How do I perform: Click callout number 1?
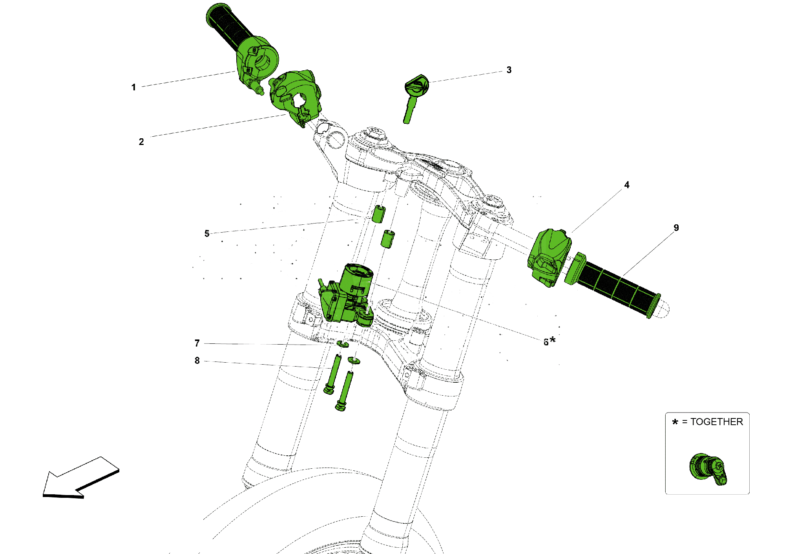[133, 87]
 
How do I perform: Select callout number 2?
[141, 142]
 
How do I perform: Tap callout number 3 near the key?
[509, 70]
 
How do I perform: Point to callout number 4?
[627, 185]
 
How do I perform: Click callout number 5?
[207, 233]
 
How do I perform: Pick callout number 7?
[197, 343]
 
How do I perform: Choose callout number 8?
[197, 360]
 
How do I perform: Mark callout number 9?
[676, 227]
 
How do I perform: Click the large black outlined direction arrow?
[78, 479]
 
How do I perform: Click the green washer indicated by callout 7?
[343, 344]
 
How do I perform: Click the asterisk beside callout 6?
[553, 339]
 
